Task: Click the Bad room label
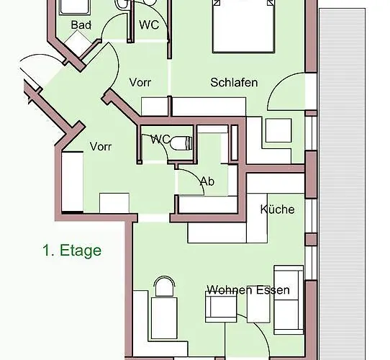point(81,25)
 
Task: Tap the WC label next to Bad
point(149,24)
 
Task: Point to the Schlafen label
point(234,82)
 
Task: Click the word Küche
point(277,210)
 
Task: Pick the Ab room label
point(207,181)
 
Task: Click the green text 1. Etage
point(71,251)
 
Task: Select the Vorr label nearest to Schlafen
point(140,82)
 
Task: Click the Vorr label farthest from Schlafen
point(101,146)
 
